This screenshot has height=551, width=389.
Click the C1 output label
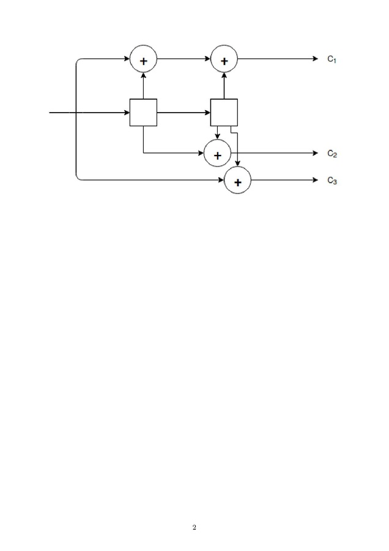tap(332, 59)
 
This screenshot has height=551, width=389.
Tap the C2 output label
tap(332, 154)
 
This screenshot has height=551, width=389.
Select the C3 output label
tap(332, 181)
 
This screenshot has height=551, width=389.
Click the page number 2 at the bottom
tap(194, 527)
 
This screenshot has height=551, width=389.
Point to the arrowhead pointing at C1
tap(315, 59)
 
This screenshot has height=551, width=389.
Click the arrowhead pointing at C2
tap(315, 153)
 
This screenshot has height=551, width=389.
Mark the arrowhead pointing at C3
tap(315, 180)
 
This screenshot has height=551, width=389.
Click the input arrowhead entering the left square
tap(127, 113)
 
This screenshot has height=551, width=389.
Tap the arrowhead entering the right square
tap(207, 113)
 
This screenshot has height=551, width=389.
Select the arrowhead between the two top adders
tap(207, 59)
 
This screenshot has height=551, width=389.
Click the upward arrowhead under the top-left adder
tap(143, 75)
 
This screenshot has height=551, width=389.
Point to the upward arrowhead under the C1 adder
tap(224, 75)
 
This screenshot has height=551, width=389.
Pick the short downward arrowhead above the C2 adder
tap(217, 137)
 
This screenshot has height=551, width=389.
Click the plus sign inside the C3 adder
tap(238, 182)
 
